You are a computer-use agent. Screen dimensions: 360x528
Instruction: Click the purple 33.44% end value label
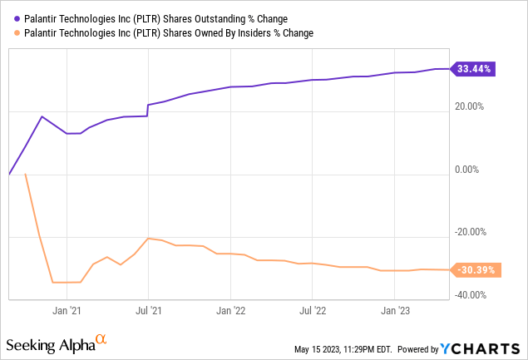coord(474,69)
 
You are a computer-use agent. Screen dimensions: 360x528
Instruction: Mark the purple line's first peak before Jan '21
coord(42,116)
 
